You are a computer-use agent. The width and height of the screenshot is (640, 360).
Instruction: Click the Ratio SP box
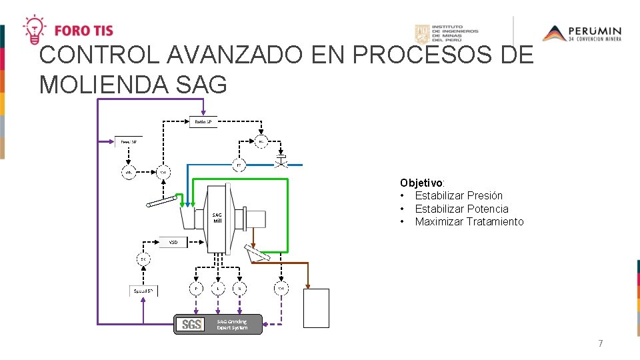click(x=204, y=122)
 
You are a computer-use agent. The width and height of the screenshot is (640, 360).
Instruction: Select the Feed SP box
click(x=129, y=141)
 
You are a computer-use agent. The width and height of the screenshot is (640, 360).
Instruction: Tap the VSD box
click(x=173, y=241)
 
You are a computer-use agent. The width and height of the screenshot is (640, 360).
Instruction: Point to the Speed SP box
click(x=143, y=291)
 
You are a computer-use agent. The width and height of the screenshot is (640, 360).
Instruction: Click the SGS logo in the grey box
click(x=191, y=325)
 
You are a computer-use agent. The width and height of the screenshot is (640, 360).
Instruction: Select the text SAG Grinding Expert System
click(x=232, y=325)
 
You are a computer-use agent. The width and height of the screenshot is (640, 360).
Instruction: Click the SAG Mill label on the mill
click(x=217, y=217)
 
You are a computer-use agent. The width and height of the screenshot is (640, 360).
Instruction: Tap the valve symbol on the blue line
click(x=281, y=161)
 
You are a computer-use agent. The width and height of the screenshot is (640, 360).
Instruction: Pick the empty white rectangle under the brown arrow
click(x=316, y=308)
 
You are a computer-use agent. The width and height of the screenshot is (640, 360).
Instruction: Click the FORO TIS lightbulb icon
click(x=34, y=29)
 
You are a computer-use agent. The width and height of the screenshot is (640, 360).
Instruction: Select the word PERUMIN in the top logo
click(x=595, y=31)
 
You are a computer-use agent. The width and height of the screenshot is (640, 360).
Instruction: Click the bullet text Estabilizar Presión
click(x=459, y=195)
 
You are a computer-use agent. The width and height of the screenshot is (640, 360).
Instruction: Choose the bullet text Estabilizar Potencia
click(x=461, y=209)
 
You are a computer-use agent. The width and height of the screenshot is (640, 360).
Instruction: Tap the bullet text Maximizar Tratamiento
click(x=469, y=221)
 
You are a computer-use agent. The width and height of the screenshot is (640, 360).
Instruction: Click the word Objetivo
click(x=422, y=183)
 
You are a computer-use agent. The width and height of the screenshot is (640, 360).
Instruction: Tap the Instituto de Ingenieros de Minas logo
click(x=446, y=34)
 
